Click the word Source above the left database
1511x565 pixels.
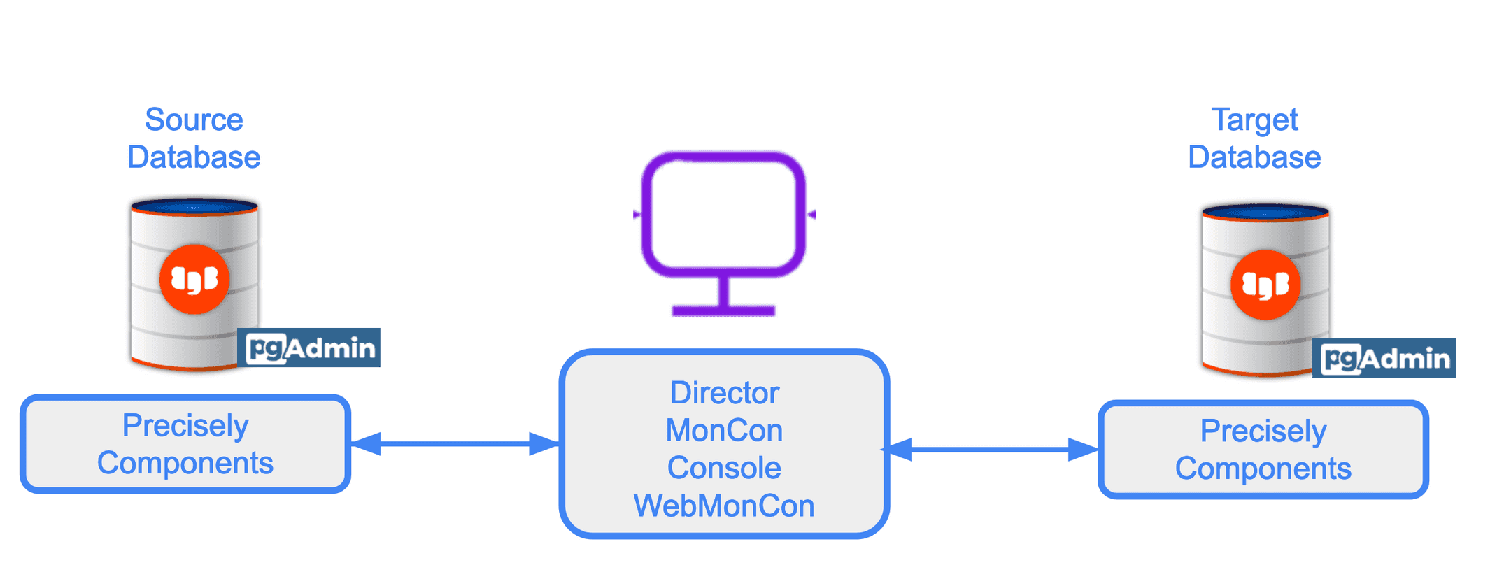pyautogui.click(x=194, y=120)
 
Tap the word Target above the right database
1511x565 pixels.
pyautogui.click(x=1254, y=120)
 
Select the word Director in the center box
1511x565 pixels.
pyautogui.click(x=724, y=393)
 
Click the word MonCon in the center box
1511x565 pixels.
pyautogui.click(x=724, y=431)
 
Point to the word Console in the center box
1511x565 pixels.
pyautogui.click(x=724, y=468)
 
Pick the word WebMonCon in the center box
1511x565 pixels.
pyautogui.click(x=724, y=506)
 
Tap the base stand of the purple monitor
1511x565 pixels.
pyautogui.click(x=723, y=310)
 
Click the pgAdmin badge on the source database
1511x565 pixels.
pyautogui.click(x=310, y=348)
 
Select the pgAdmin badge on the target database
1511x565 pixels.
pyautogui.click(x=1384, y=358)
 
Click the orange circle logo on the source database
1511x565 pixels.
pyautogui.click(x=194, y=279)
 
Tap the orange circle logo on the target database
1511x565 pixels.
pyautogui.click(x=1265, y=285)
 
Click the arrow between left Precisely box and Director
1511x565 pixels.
pyautogui.click(x=455, y=443)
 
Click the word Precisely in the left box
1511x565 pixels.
pyautogui.click(x=185, y=425)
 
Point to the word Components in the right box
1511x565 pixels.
pyautogui.click(x=1263, y=469)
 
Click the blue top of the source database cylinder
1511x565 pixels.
pyautogui.click(x=194, y=206)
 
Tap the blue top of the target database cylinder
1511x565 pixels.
pyautogui.click(x=1265, y=212)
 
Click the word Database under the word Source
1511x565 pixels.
pyautogui.click(x=194, y=157)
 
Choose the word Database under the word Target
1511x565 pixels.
pyautogui.click(x=1254, y=157)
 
